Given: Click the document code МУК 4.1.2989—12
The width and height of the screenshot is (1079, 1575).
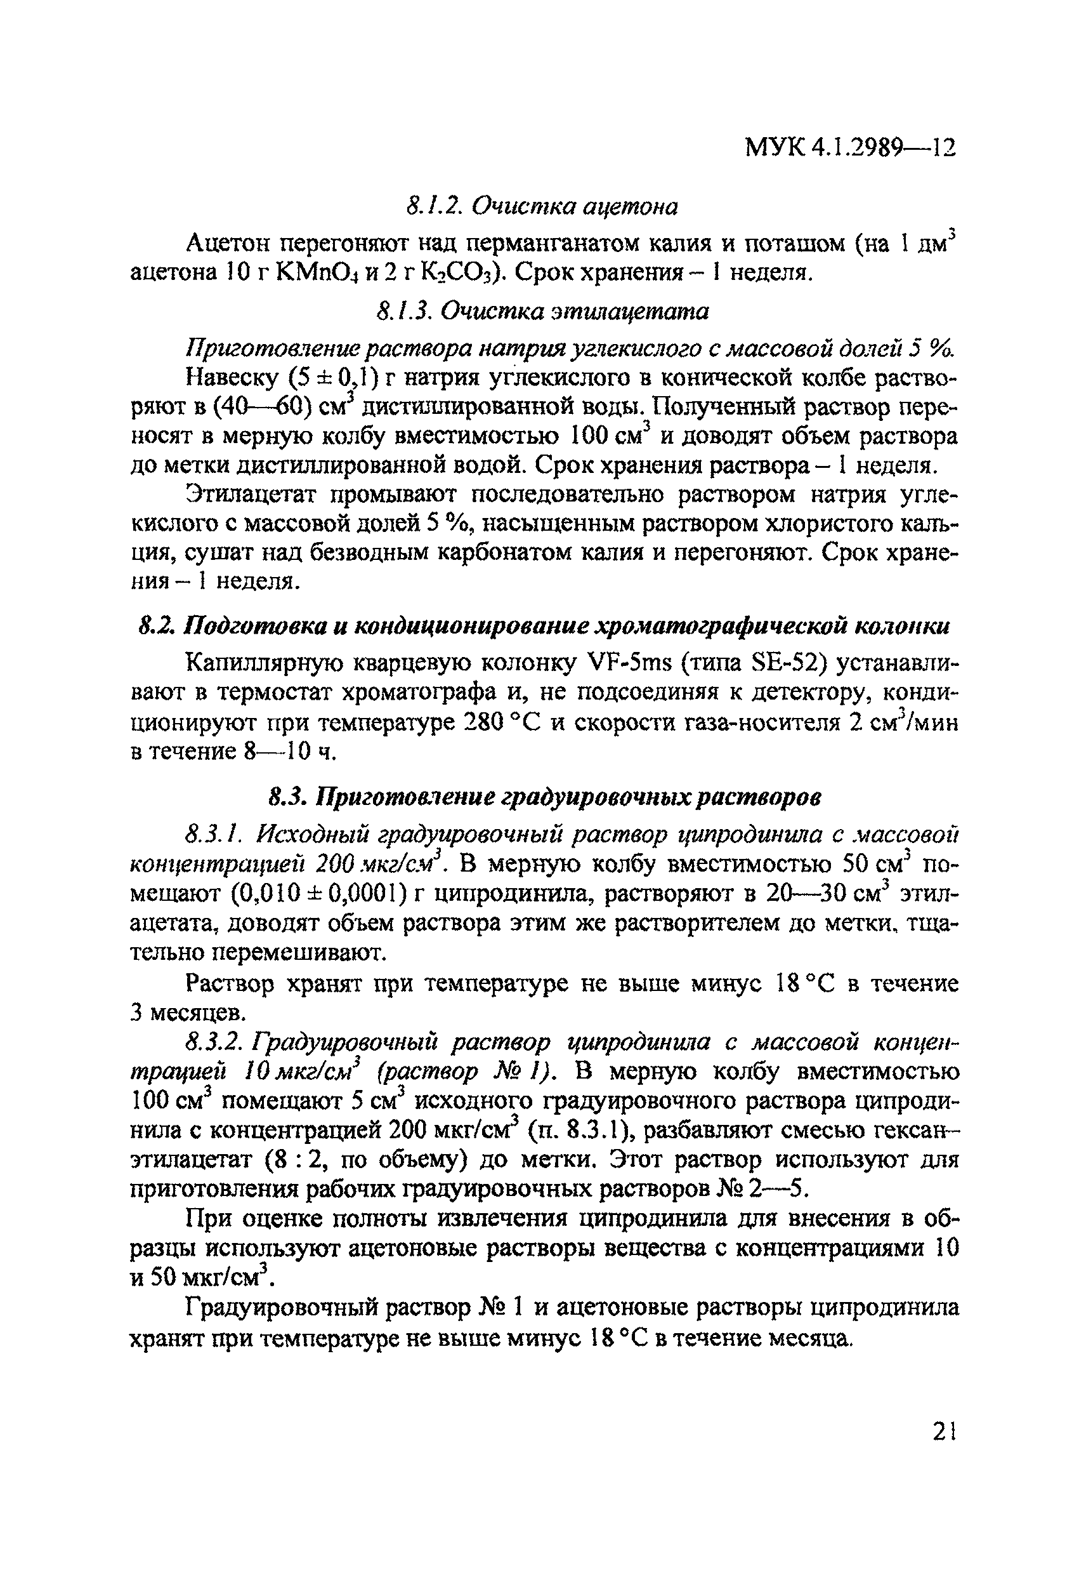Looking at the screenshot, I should click(850, 148).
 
